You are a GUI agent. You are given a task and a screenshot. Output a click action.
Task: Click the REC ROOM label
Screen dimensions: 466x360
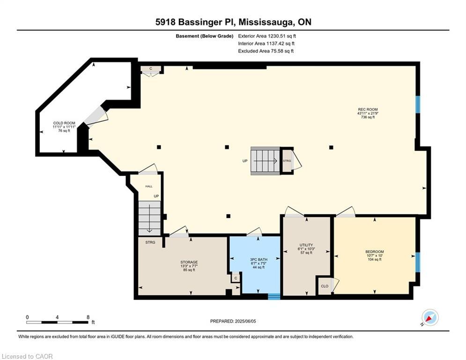point(368,109)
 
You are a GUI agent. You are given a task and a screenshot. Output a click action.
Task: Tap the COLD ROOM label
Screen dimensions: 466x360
point(64,123)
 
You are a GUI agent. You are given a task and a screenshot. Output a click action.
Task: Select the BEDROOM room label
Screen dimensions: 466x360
point(375,252)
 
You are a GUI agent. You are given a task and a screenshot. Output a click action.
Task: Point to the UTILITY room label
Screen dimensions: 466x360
point(306,245)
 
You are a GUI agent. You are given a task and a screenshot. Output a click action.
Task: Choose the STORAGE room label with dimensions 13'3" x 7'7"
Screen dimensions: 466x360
point(189,262)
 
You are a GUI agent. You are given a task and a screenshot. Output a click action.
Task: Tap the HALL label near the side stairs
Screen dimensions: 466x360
point(149,186)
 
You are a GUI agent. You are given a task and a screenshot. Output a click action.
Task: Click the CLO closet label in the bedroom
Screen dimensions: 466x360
point(325,286)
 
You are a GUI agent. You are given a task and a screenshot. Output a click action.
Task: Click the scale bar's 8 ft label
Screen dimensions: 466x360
point(88,317)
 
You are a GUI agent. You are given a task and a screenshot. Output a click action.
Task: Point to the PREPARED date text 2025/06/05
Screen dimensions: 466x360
point(245,321)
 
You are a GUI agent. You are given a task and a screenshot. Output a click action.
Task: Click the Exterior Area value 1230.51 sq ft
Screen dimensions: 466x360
point(282,36)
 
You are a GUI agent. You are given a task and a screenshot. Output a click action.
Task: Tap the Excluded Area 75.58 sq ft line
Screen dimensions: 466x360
point(266,51)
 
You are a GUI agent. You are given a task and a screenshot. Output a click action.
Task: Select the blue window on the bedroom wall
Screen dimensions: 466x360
point(418,262)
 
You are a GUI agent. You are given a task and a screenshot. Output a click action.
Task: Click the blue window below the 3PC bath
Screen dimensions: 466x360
point(274,296)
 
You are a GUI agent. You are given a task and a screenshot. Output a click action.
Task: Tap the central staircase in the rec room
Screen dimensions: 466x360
point(266,161)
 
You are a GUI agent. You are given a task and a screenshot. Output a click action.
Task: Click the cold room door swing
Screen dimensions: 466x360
point(96,117)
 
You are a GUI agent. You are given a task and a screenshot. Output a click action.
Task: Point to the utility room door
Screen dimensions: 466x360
point(294,211)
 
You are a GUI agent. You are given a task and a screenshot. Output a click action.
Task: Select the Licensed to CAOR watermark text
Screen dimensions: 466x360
point(27,356)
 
